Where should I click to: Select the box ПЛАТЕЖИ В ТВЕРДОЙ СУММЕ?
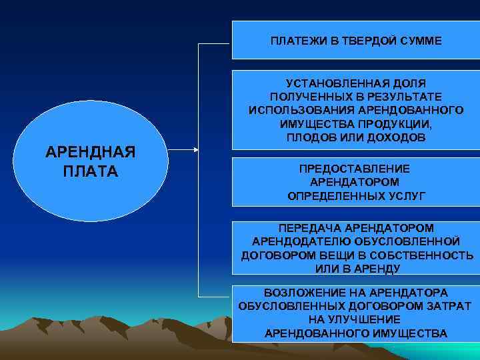point(355,40)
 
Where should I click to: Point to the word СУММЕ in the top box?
point(422,41)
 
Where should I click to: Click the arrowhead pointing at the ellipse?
point(197,150)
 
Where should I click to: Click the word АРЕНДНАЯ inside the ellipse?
point(90,151)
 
